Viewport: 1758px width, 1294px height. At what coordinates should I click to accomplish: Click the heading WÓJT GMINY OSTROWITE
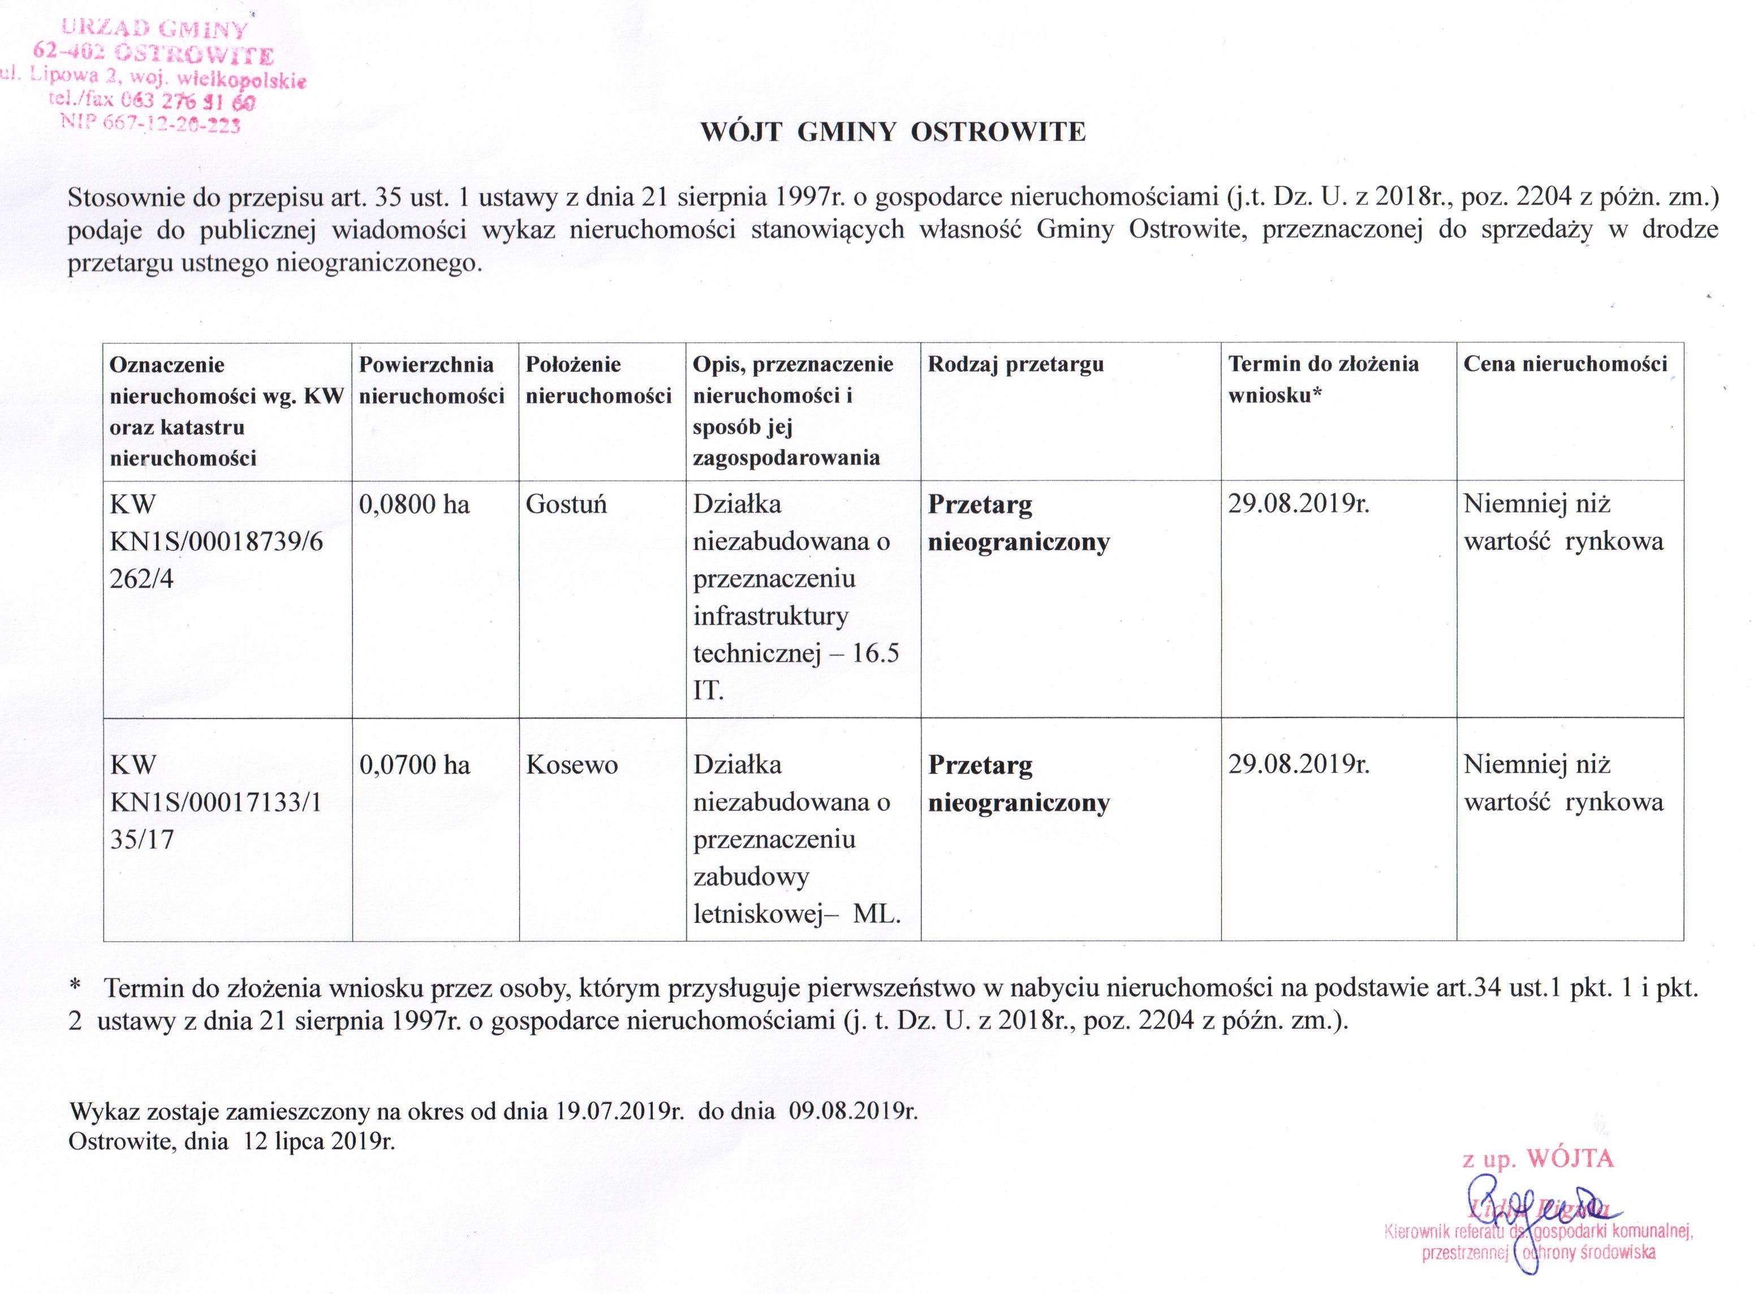(893, 132)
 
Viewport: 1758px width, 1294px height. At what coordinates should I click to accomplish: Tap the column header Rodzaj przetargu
(1016, 364)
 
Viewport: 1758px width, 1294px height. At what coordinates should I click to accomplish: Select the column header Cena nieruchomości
(1565, 364)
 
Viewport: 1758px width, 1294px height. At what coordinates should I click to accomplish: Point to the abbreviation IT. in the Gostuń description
(708, 691)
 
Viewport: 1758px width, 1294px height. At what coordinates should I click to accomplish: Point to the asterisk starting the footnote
(75, 988)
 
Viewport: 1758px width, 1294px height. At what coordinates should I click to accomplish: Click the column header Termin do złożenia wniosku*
(1324, 379)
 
